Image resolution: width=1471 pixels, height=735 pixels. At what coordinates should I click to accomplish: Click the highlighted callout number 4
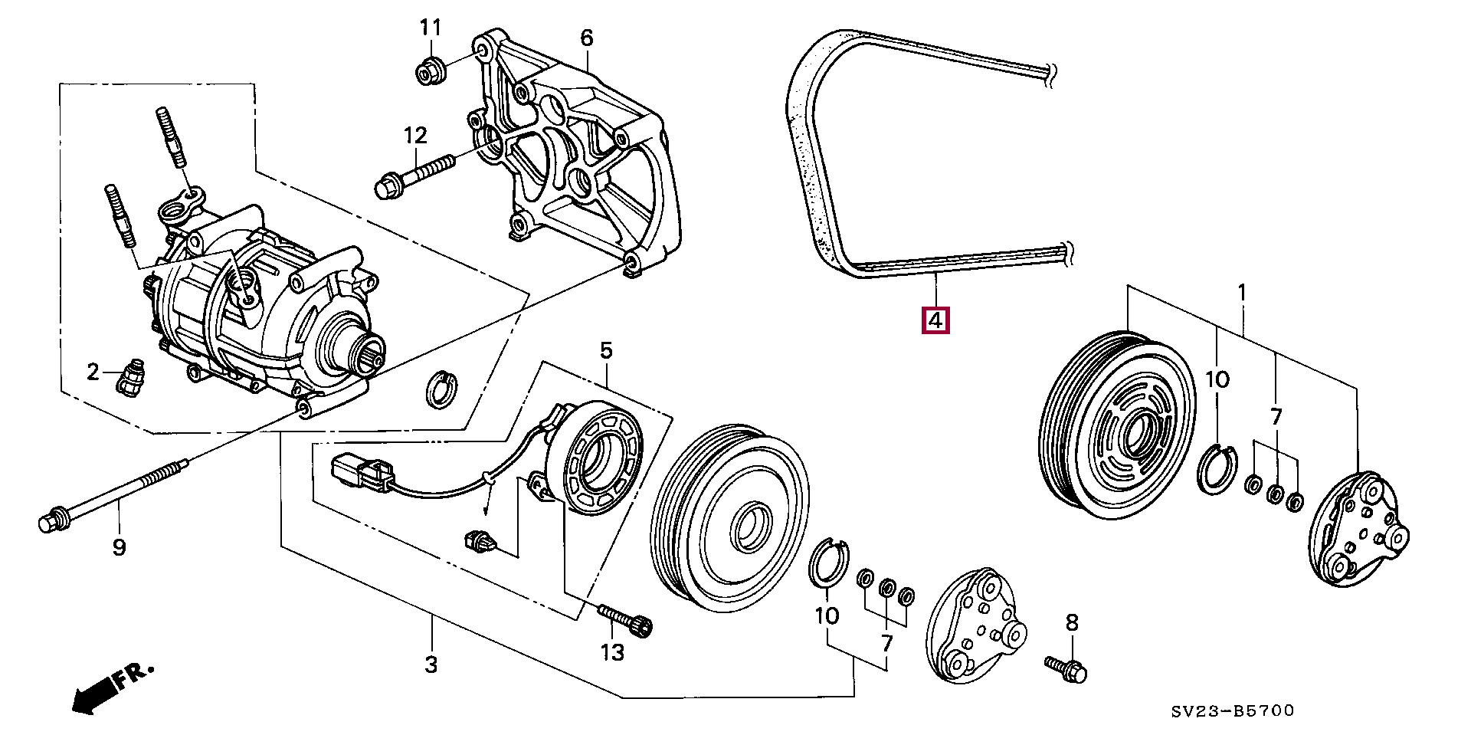935,320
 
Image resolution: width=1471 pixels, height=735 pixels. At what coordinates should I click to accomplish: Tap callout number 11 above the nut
431,28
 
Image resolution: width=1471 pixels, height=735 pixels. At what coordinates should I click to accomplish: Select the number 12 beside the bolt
414,136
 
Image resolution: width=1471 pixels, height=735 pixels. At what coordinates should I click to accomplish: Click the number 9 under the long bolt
119,548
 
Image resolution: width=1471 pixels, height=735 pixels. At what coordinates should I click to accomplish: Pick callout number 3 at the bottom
431,664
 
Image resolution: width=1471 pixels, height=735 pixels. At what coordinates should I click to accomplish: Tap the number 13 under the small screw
613,652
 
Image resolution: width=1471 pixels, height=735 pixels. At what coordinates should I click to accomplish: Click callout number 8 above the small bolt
1072,623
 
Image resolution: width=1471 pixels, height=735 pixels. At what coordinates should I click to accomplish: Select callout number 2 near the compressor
93,372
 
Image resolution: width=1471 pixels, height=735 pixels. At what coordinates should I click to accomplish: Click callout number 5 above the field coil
606,351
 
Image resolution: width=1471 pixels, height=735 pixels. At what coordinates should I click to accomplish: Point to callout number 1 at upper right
1242,293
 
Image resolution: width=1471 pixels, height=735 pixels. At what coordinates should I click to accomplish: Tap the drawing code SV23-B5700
1232,711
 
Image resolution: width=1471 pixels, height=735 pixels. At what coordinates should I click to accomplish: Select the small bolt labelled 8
1066,668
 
